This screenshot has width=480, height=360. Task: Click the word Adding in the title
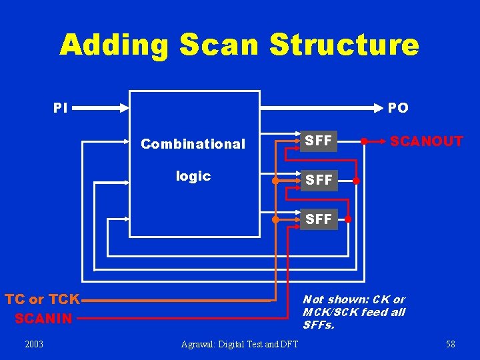(x=113, y=45)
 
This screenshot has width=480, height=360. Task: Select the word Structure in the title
(x=344, y=45)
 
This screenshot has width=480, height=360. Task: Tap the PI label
(x=60, y=107)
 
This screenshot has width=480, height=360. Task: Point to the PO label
(x=398, y=107)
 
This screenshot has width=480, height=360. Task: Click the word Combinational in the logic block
(x=193, y=144)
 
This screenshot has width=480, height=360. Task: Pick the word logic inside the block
(x=193, y=176)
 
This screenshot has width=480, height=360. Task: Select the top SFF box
(x=318, y=141)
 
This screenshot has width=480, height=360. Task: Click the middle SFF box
(x=318, y=181)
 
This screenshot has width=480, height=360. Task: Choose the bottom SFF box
(x=318, y=219)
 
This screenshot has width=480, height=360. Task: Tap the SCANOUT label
(x=426, y=141)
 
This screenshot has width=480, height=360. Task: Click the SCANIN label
(x=43, y=319)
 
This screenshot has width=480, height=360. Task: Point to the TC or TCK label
(x=42, y=299)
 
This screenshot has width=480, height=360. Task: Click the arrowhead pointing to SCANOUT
(x=383, y=141)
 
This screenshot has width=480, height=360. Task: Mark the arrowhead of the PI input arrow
(x=125, y=107)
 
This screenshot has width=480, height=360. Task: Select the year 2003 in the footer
(x=33, y=344)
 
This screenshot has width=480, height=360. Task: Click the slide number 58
(x=451, y=344)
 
